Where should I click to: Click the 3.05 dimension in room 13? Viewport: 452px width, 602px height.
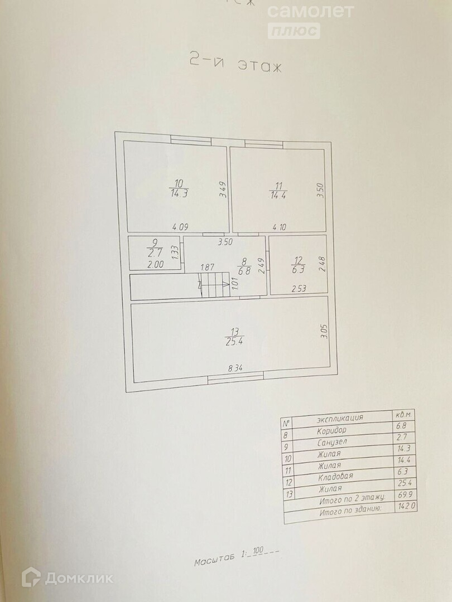[324, 333]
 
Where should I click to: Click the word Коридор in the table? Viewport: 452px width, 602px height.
[331, 430]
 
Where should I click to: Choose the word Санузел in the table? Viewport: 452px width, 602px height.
[333, 442]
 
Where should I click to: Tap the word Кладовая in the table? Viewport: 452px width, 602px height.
[336, 477]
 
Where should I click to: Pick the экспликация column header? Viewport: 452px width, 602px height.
[340, 417]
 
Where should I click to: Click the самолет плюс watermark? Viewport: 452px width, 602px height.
[310, 20]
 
